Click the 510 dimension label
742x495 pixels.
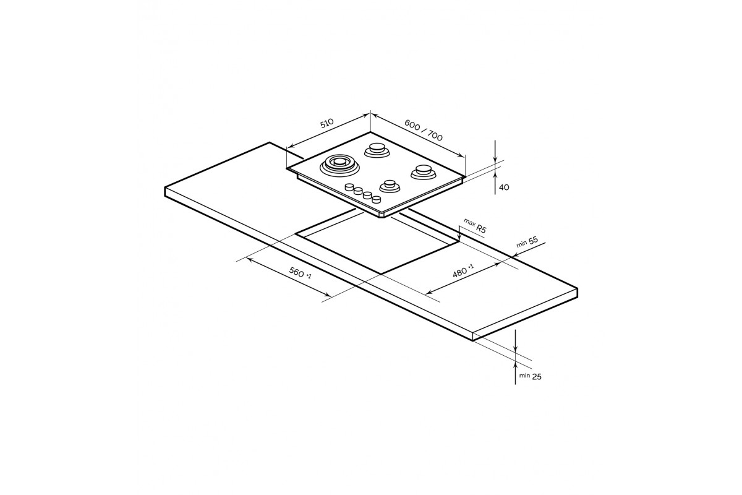coord(326,123)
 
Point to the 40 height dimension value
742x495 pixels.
coord(504,187)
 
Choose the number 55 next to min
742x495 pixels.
coord(533,240)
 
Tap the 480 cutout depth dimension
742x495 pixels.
coord(461,272)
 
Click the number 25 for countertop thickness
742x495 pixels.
coord(537,377)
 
